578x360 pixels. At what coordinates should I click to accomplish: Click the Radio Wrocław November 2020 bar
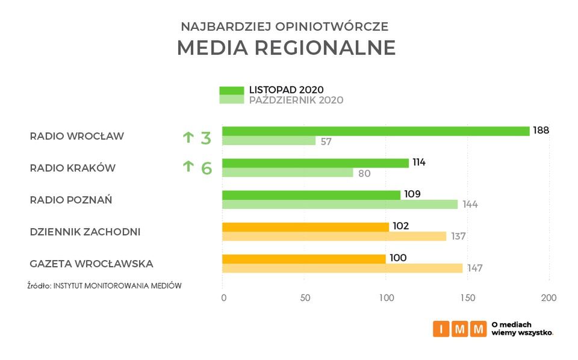coord(376,131)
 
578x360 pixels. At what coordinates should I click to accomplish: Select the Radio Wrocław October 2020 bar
coord(269,141)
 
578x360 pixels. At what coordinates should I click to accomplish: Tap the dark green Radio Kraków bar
coord(315,163)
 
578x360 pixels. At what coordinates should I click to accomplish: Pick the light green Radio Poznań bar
coord(340,204)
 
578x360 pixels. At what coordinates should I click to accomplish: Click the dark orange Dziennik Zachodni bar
coord(305,227)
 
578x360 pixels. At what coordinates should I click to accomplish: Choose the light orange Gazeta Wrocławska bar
coord(342,268)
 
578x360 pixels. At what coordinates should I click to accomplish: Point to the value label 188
coord(541,130)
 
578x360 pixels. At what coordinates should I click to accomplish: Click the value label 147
coord(474,268)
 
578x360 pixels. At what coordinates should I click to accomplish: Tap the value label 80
coord(364,173)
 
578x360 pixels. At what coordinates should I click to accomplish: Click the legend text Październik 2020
coord(296,101)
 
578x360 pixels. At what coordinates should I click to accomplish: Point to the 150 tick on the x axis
coord(467,297)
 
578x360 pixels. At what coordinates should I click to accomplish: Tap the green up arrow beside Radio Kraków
coord(187,167)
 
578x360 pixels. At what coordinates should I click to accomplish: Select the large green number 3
coord(206,138)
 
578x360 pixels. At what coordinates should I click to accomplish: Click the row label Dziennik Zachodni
coord(85,231)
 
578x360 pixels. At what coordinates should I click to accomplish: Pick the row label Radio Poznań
coord(71,199)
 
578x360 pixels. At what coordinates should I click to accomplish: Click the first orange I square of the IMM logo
coord(441,329)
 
